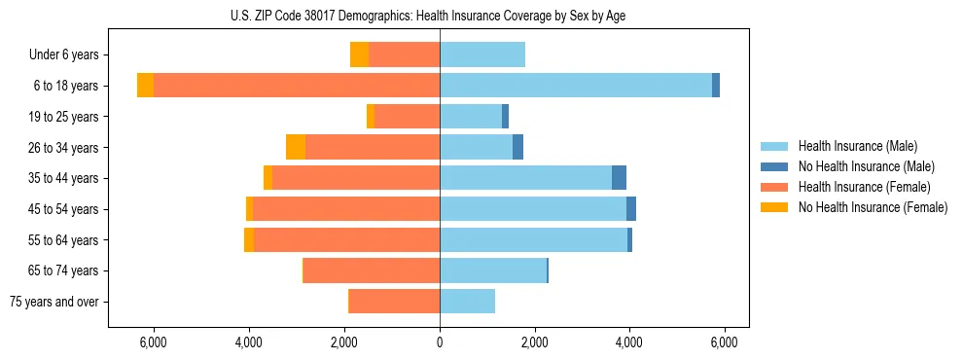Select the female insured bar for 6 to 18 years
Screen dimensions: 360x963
(297, 86)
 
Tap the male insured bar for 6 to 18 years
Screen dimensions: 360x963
(576, 86)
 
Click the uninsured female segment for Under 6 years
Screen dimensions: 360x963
(359, 55)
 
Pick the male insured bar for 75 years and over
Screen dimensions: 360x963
(467, 302)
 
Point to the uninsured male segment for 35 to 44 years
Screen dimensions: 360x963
(619, 178)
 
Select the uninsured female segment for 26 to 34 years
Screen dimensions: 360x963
(296, 147)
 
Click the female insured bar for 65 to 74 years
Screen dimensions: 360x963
(372, 270)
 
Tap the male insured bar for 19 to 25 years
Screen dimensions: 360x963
(471, 117)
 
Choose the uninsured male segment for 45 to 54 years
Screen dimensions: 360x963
(631, 209)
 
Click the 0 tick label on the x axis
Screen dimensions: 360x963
(440, 342)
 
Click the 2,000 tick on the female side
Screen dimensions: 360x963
(344, 342)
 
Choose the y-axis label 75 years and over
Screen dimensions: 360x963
(53, 302)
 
